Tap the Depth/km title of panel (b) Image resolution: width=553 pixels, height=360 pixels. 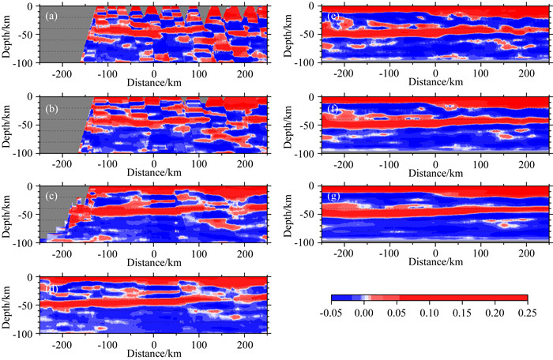pos(10,124)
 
